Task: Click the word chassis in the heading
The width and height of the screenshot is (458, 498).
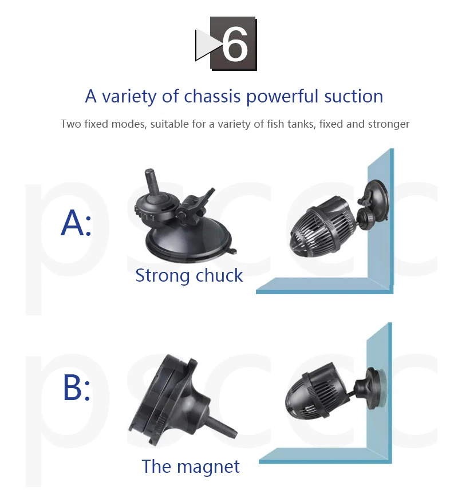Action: (x=212, y=96)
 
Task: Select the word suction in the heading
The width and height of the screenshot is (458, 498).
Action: (x=354, y=96)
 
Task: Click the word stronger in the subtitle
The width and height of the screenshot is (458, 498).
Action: (x=388, y=124)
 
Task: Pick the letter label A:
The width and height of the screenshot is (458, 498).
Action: (x=76, y=223)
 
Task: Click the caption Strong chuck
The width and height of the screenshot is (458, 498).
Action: (x=189, y=275)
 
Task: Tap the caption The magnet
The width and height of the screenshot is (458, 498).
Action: (x=191, y=466)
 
